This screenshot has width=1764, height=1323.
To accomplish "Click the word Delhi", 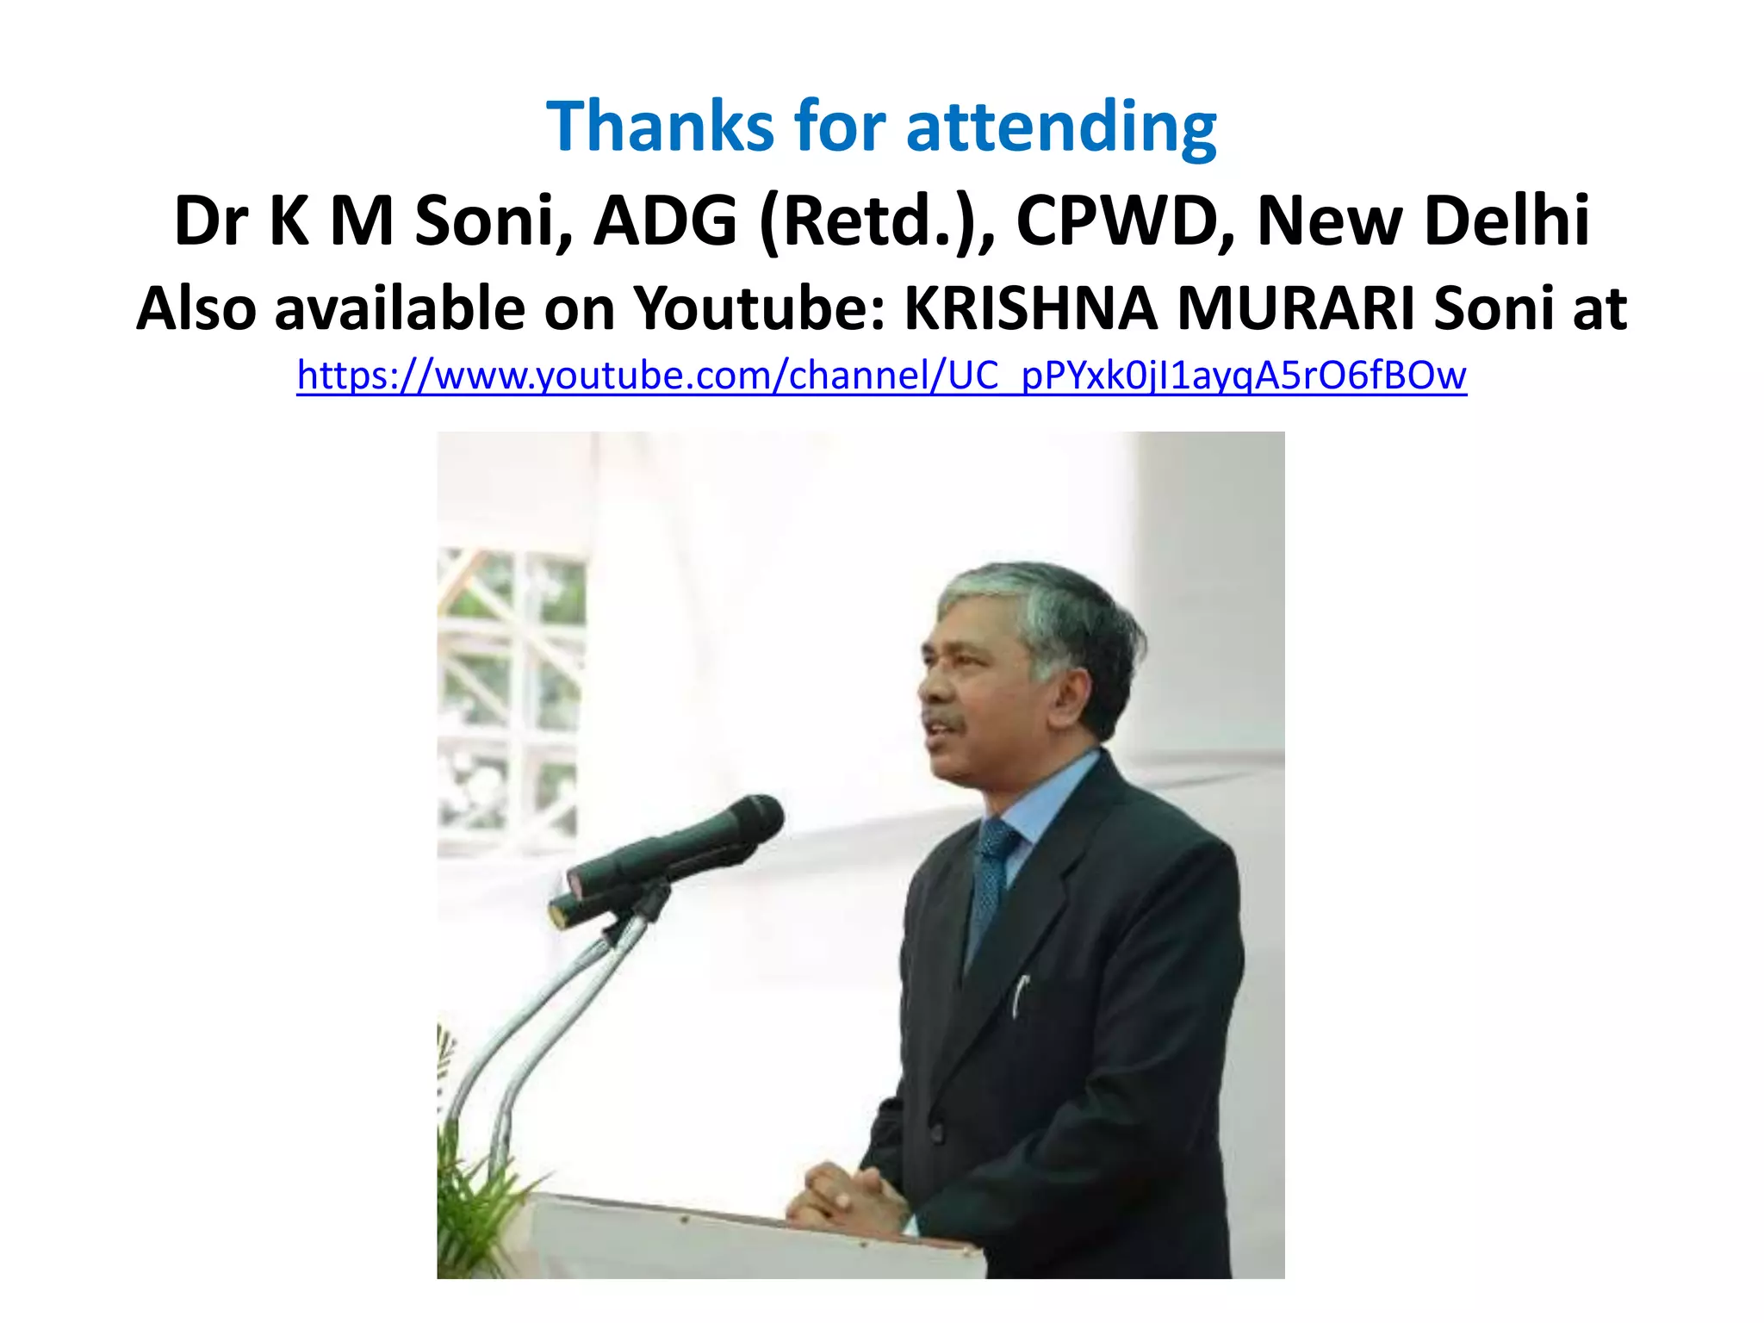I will [1506, 221].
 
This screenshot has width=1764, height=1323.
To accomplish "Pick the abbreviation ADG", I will [665, 221].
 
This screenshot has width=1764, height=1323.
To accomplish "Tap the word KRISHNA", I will [1030, 308].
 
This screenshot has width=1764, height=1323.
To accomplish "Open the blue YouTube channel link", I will [881, 376].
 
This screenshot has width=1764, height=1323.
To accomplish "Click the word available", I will [400, 308].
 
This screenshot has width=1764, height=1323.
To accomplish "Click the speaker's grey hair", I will [1051, 603].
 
